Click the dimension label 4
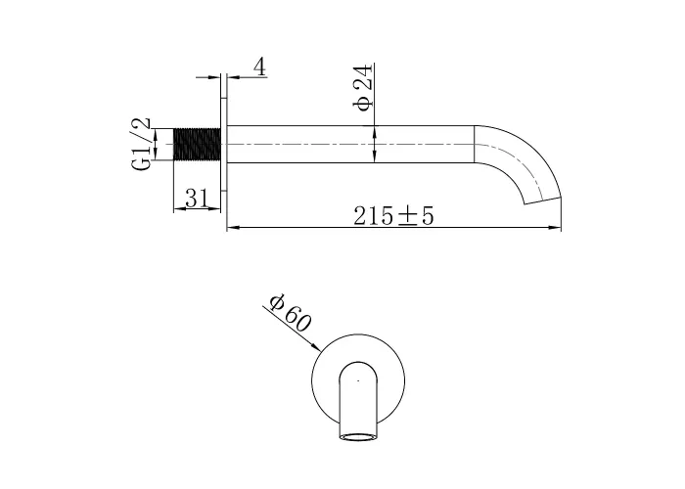[x=260, y=67]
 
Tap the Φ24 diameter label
[x=364, y=87]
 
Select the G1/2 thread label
[x=142, y=144]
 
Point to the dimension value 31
[x=197, y=199]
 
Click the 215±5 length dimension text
[x=393, y=216]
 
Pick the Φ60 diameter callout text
[x=290, y=313]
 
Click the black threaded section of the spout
[x=197, y=144]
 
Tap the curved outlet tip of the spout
[x=542, y=200]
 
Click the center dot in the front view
[x=358, y=380]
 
